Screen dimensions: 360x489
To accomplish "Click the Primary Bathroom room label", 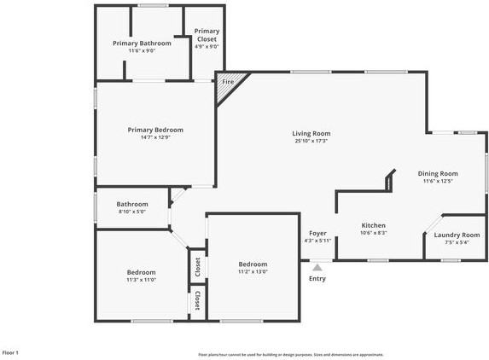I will coord(142,43).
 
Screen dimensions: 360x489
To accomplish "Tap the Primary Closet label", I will coord(207,35).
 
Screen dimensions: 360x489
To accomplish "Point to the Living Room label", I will coord(311,133).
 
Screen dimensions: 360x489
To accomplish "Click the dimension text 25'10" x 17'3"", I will coord(311,141).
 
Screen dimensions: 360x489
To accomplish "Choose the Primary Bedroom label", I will coord(155,130).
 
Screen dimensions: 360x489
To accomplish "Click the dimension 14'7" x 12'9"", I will coord(155,137).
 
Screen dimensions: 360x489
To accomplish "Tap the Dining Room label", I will coord(438,173).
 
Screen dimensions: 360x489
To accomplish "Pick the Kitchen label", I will coord(374,225).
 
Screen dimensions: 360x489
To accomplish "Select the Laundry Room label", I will coord(457,235).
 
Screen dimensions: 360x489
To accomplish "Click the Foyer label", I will coord(317,233).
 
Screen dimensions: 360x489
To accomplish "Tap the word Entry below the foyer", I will coord(317,278).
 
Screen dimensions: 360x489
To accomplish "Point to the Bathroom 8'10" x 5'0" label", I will coord(132,204).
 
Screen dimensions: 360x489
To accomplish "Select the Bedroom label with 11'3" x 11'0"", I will coord(141,272).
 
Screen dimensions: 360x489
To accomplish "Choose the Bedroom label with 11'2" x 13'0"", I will coord(253,264).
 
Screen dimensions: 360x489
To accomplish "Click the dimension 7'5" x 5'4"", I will coord(457,242).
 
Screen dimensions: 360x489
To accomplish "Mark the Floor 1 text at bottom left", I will coord(10,352).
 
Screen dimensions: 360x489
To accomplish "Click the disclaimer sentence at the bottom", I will coord(290,354).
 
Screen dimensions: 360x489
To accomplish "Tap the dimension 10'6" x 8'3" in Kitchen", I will coord(374,233).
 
